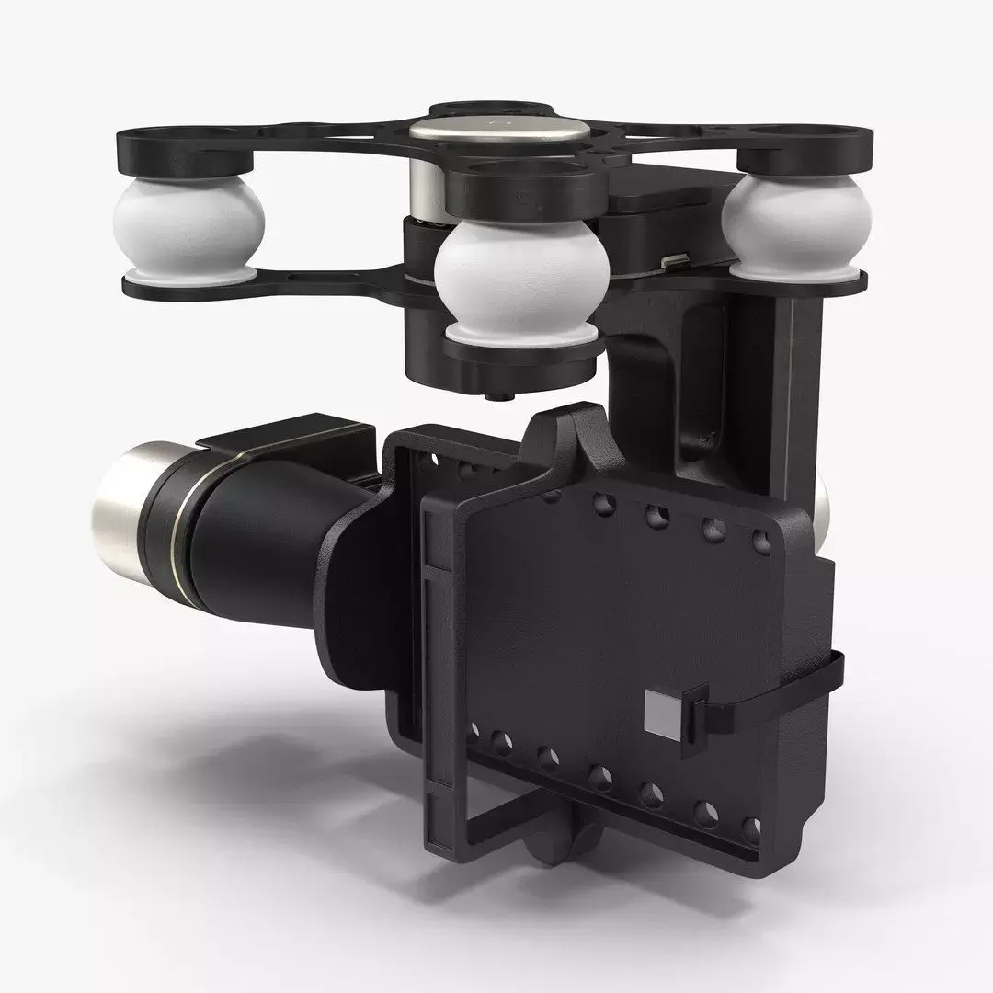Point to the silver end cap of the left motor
click(x=125, y=497)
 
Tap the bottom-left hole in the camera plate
click(x=475, y=732)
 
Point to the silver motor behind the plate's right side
click(x=822, y=501)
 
